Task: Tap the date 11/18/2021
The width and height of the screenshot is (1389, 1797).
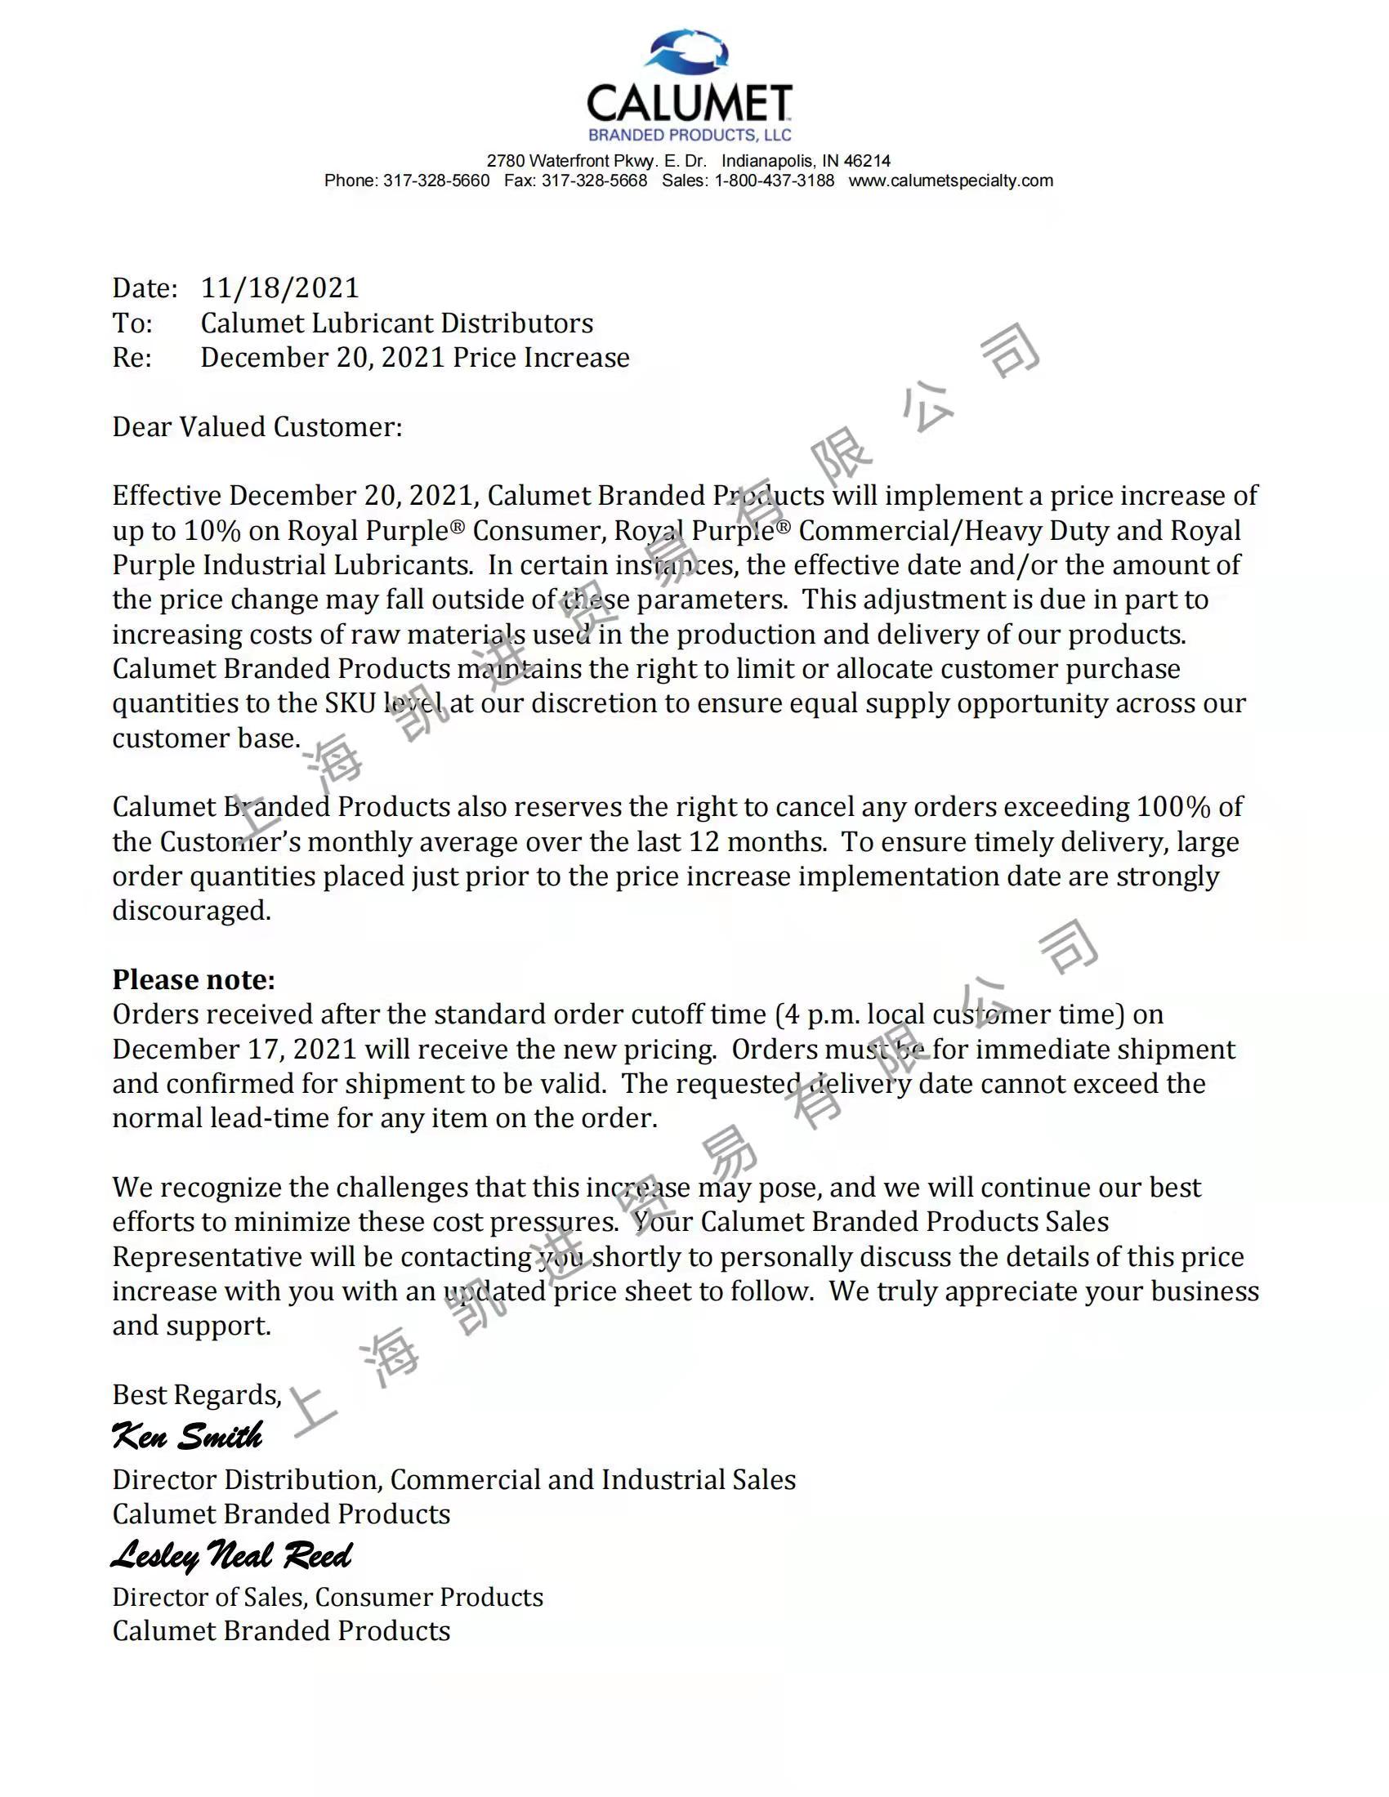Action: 279,288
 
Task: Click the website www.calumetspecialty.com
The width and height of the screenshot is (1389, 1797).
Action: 950,181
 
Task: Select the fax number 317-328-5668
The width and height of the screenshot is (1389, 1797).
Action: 594,181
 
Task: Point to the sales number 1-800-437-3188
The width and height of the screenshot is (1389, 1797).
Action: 774,181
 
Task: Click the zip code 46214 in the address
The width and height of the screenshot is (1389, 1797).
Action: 866,161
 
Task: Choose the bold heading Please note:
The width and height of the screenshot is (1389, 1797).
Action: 194,980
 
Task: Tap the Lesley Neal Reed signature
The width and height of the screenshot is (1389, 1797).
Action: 231,1555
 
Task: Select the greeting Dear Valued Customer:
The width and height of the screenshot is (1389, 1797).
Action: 257,427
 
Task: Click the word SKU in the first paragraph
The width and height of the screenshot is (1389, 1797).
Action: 350,703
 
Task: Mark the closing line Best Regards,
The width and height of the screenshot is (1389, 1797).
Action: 197,1394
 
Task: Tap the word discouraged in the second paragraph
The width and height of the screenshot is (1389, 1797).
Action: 191,911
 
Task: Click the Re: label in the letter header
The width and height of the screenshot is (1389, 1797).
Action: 132,358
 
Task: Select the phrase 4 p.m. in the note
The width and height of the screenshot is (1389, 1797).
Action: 822,1014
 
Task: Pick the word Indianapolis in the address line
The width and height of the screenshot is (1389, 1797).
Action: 769,161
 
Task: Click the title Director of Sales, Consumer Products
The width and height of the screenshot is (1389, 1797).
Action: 328,1597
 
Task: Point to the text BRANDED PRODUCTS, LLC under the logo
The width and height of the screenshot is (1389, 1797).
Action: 690,135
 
